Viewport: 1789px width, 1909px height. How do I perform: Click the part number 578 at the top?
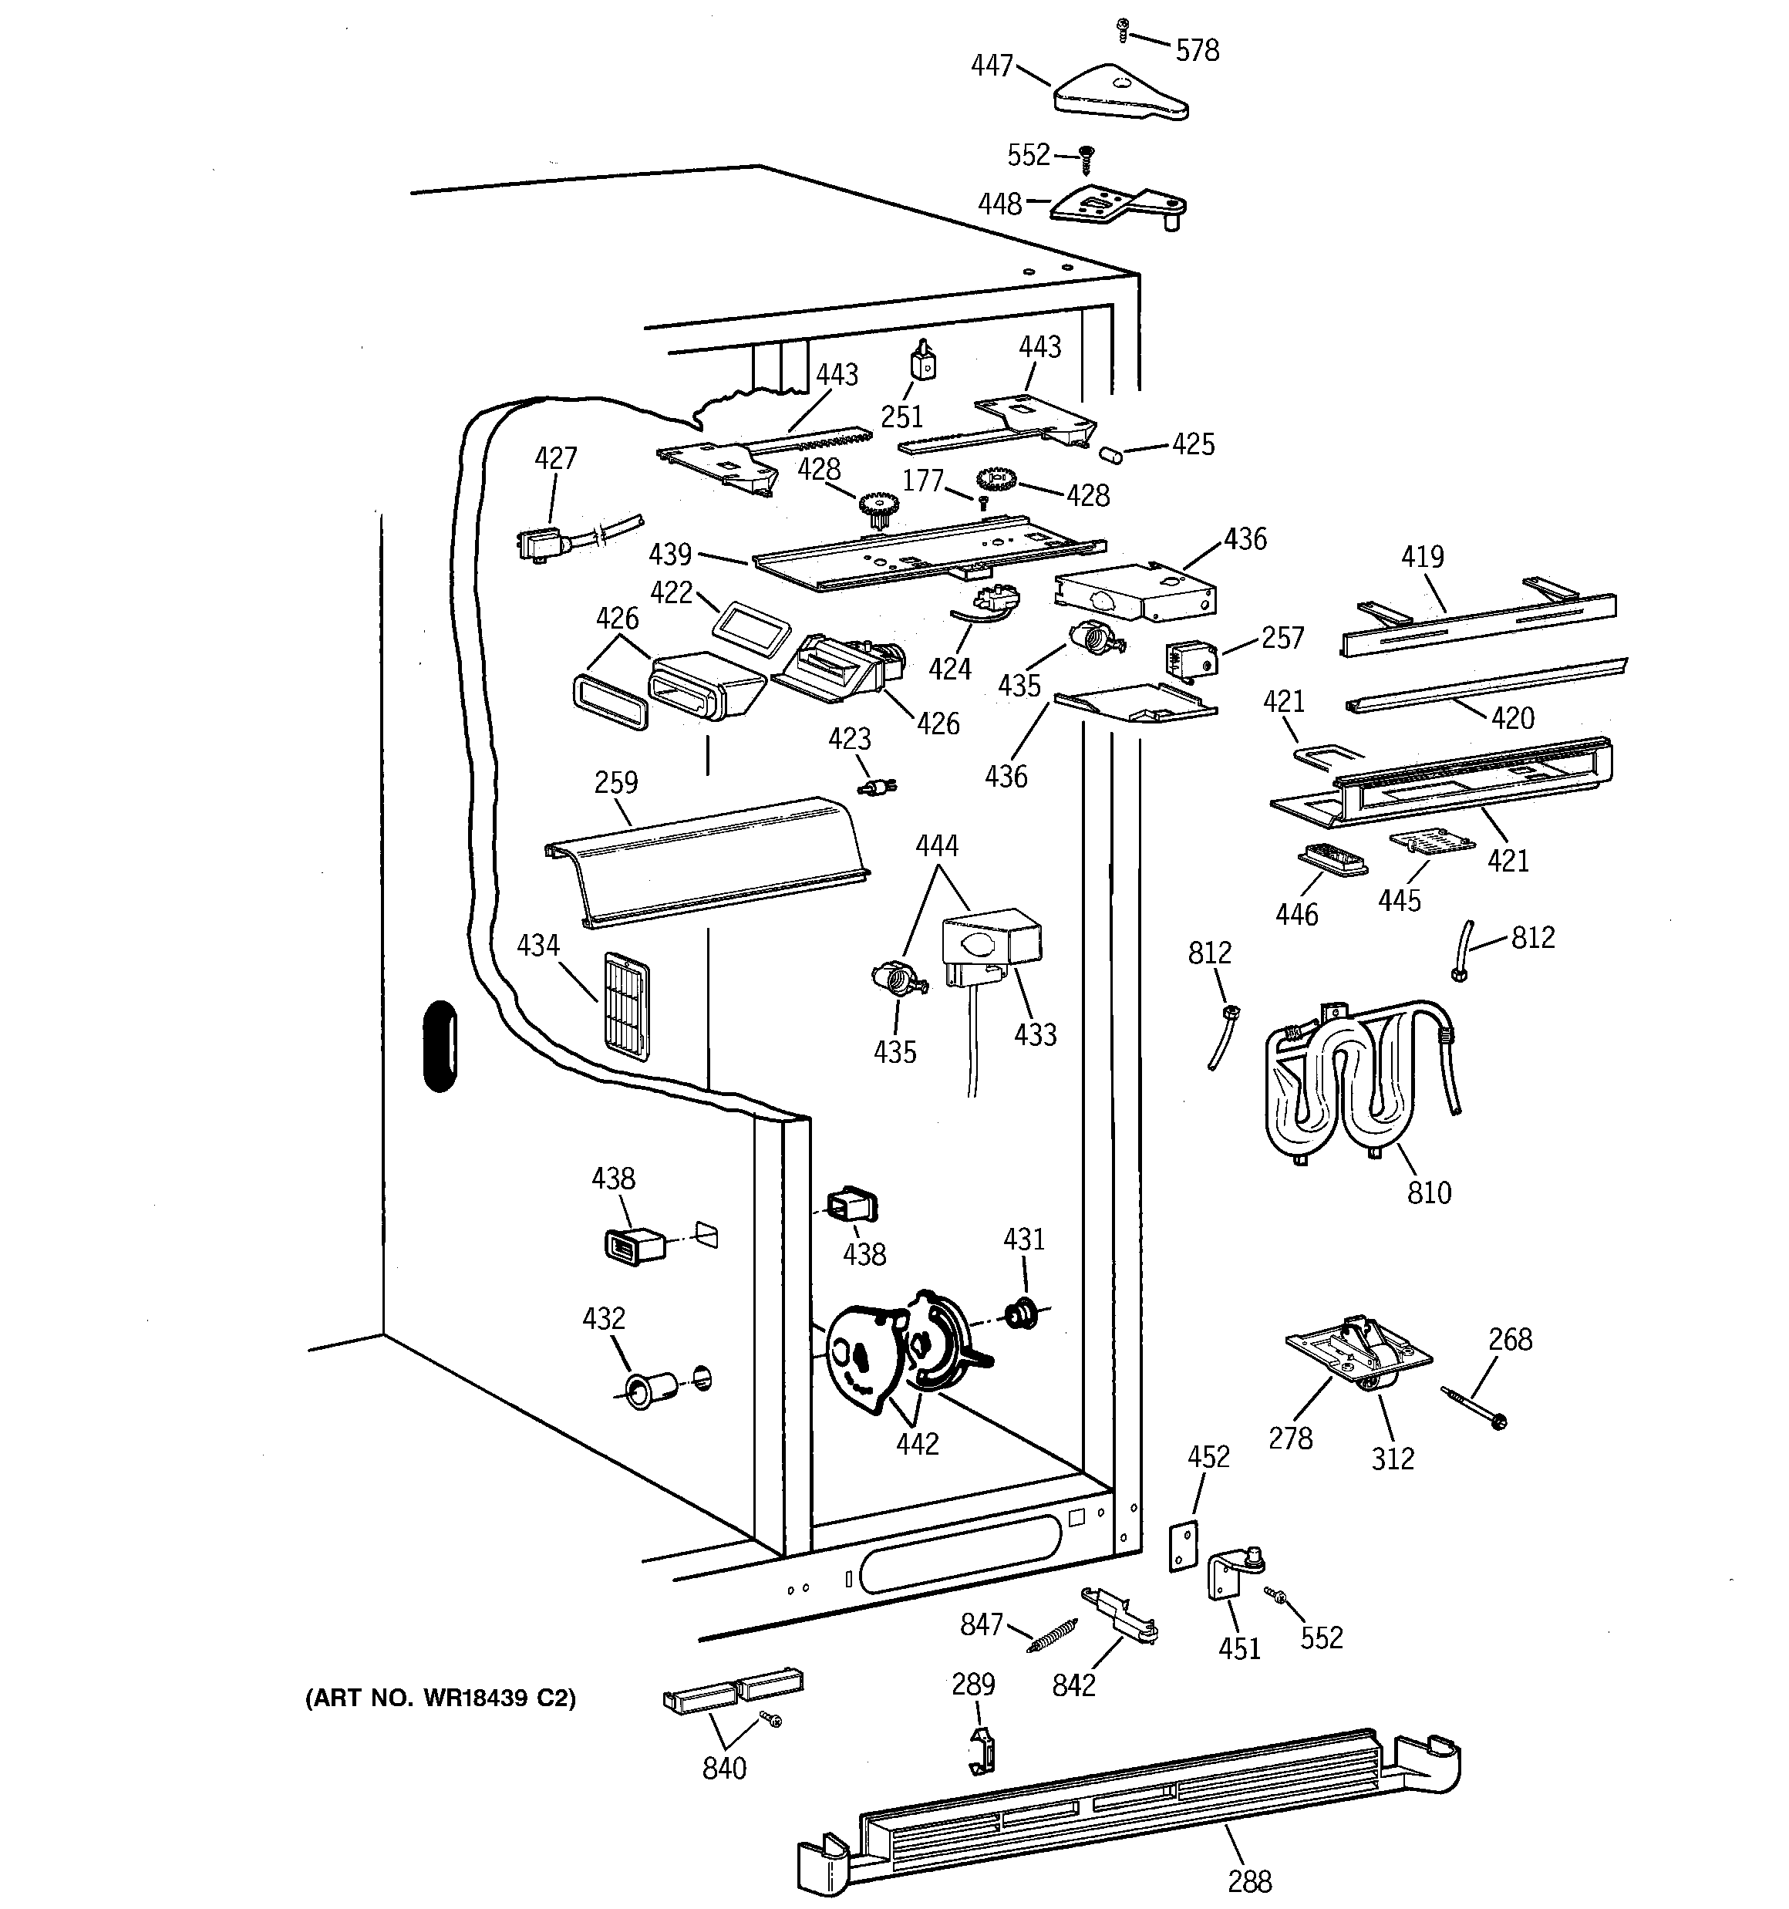pyautogui.click(x=1197, y=50)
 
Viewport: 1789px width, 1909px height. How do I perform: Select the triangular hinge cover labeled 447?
pyautogui.click(x=1120, y=95)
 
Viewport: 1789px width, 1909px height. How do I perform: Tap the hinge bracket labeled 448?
pyautogui.click(x=1115, y=204)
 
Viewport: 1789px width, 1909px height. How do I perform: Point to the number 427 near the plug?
pyautogui.click(x=555, y=458)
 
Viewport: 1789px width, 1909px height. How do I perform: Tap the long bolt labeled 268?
pyautogui.click(x=1473, y=1407)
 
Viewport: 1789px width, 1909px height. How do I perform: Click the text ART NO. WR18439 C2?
pyautogui.click(x=440, y=1698)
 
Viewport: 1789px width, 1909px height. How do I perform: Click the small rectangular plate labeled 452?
pyautogui.click(x=1183, y=1546)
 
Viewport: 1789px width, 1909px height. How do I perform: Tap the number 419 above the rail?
pyautogui.click(x=1421, y=556)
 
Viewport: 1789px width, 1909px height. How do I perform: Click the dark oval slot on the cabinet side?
pyautogui.click(x=440, y=1046)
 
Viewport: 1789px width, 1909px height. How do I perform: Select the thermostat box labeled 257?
pyautogui.click(x=1191, y=661)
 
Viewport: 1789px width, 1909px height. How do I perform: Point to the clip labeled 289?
pyautogui.click(x=980, y=1751)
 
